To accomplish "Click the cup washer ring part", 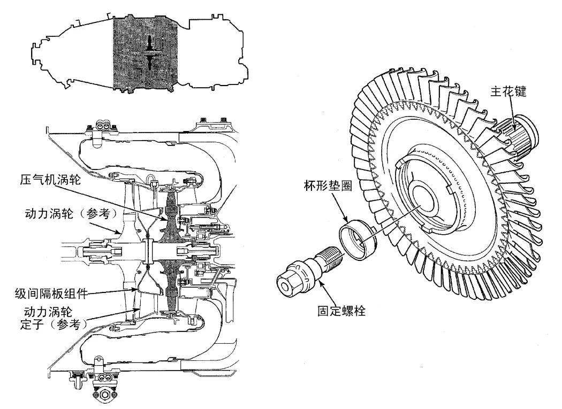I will point(357,237).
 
